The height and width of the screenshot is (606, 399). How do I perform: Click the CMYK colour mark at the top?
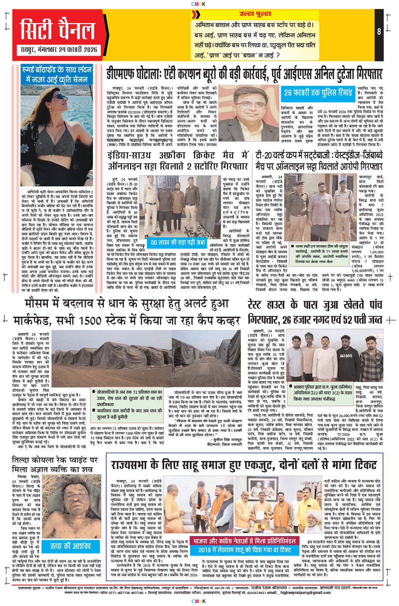click(x=199, y=4)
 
